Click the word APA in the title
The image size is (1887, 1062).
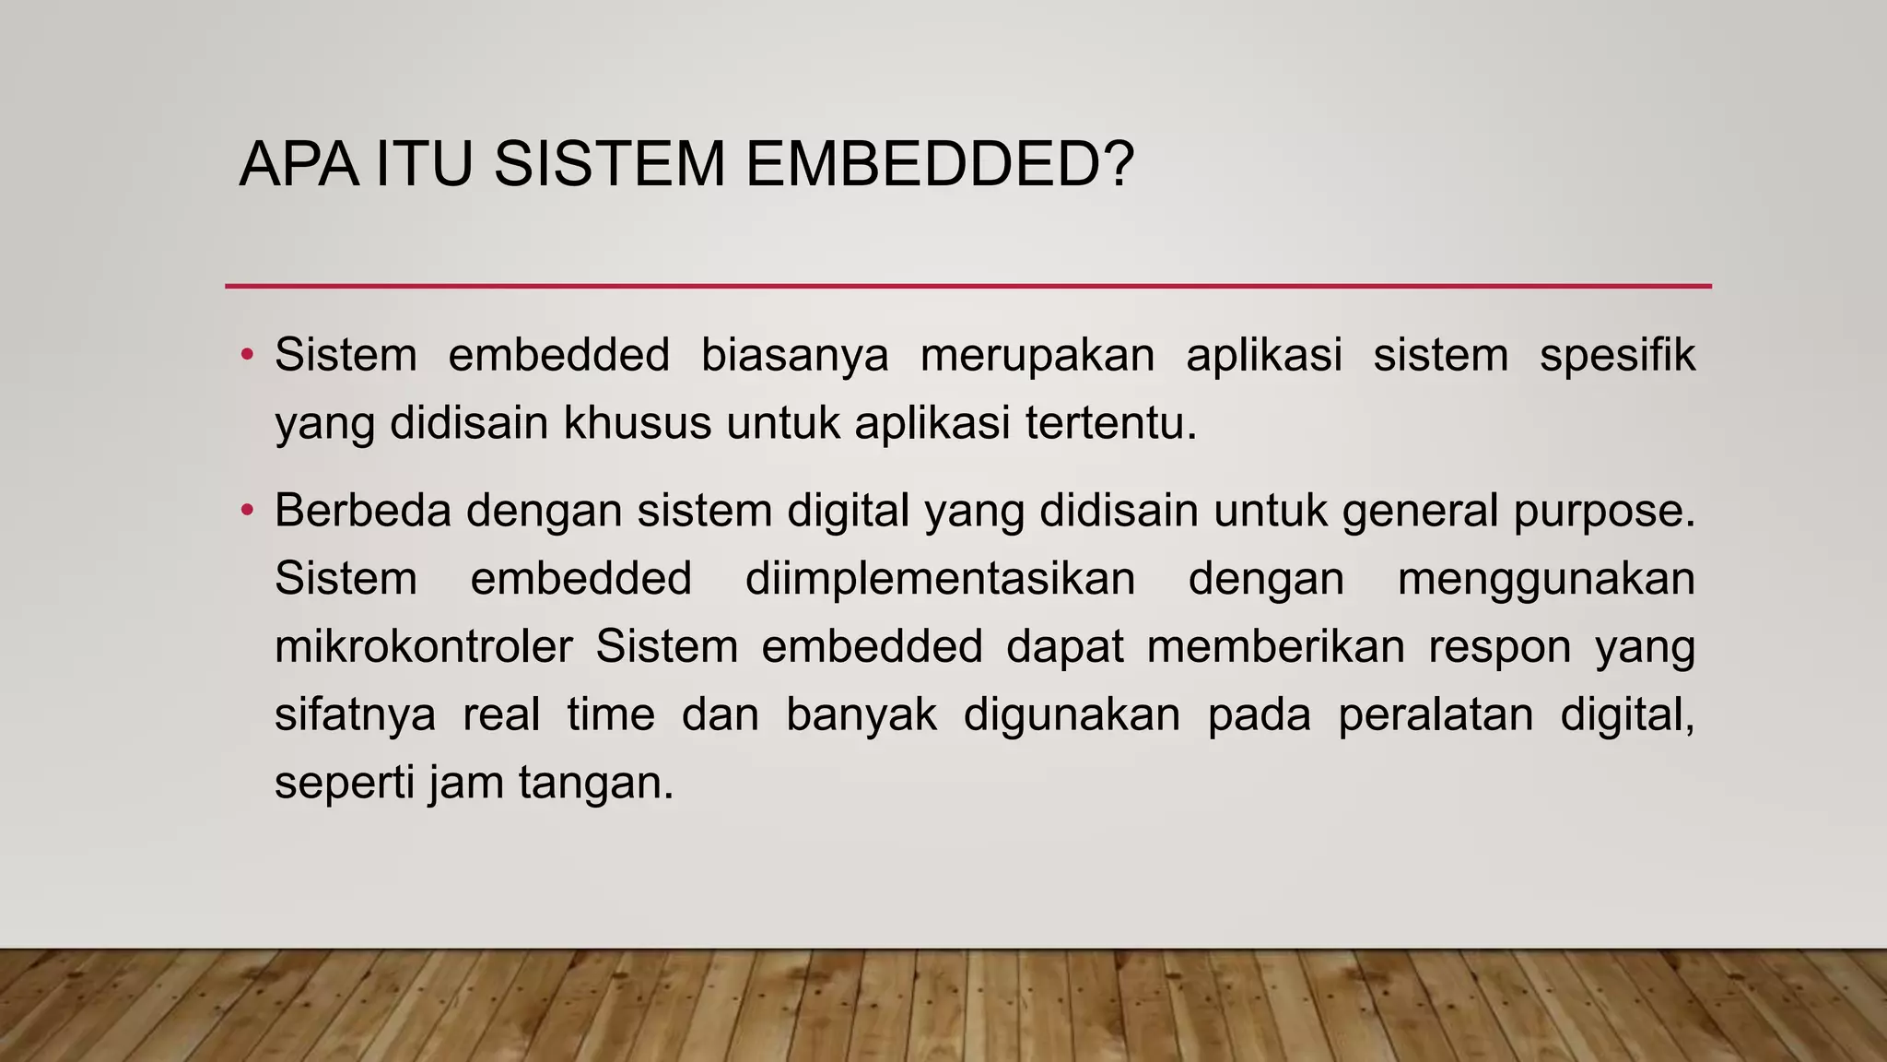click(299, 165)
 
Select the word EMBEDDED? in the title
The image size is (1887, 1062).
click(939, 165)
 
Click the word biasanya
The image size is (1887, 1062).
click(794, 356)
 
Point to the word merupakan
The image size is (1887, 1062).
click(1037, 356)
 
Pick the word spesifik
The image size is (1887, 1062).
click(1617, 356)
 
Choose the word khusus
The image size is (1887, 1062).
click(638, 424)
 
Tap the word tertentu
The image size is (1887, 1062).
click(1110, 424)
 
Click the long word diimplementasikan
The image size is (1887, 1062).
click(940, 580)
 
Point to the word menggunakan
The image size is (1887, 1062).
click(1546, 580)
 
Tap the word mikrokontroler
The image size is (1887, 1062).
click(424, 647)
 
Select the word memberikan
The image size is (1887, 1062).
click(1275, 647)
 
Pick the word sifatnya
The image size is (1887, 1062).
click(355, 715)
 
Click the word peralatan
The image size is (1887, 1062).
click(1435, 715)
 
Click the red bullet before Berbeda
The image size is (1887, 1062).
click(246, 510)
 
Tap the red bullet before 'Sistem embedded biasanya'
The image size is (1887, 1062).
click(246, 355)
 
